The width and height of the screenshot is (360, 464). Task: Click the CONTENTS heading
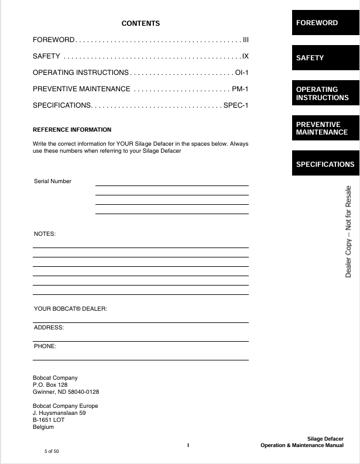click(140, 23)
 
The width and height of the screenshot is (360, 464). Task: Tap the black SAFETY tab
click(325, 58)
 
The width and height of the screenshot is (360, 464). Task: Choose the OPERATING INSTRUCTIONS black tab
click(325, 94)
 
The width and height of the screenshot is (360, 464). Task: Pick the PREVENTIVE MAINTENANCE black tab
click(325, 128)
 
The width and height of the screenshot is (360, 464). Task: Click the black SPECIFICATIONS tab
click(325, 164)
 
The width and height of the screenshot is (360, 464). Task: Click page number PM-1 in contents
click(241, 89)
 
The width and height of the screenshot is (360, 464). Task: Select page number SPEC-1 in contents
click(236, 105)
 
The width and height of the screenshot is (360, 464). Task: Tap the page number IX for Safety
click(246, 56)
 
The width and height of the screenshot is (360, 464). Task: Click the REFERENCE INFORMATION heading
click(72, 129)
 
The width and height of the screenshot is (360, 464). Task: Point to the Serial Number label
click(53, 181)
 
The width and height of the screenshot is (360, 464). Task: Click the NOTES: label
click(44, 234)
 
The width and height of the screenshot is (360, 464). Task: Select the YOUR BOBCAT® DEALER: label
click(70, 308)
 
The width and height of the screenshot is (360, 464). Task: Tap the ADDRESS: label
click(49, 328)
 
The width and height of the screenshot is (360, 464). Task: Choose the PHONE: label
click(45, 346)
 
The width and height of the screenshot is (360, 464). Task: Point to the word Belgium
click(43, 427)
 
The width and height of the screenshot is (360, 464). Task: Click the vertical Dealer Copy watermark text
click(349, 232)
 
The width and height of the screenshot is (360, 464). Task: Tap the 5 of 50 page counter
click(52, 451)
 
